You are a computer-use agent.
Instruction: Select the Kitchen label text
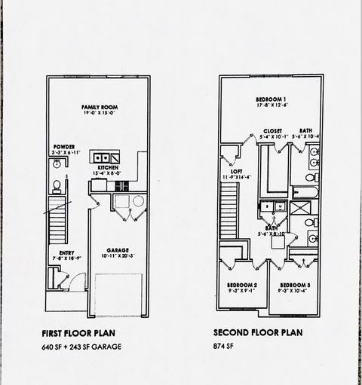[107, 168]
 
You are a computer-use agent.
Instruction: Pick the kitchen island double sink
[103, 158]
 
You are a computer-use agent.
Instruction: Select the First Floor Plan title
[79, 332]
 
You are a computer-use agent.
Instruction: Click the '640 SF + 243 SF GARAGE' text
[81, 347]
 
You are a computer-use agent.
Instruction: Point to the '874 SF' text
[224, 347]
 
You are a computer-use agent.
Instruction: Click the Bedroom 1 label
[271, 100]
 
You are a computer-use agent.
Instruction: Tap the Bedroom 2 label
[242, 285]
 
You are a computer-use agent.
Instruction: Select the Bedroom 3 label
[293, 285]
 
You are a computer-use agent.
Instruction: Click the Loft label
[236, 171]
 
